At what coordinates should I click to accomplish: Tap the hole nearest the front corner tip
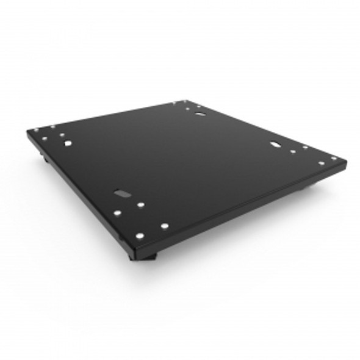[140, 235]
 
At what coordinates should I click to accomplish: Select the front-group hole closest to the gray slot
[140, 206]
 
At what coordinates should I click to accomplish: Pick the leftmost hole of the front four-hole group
[117, 214]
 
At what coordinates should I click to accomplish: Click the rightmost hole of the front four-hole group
[165, 226]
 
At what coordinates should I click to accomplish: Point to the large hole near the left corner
[68, 143]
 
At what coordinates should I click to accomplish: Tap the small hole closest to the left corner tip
[36, 130]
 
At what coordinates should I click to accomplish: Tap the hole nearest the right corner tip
[333, 159]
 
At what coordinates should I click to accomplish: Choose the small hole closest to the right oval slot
[293, 151]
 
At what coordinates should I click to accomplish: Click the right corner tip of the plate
[346, 162]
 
